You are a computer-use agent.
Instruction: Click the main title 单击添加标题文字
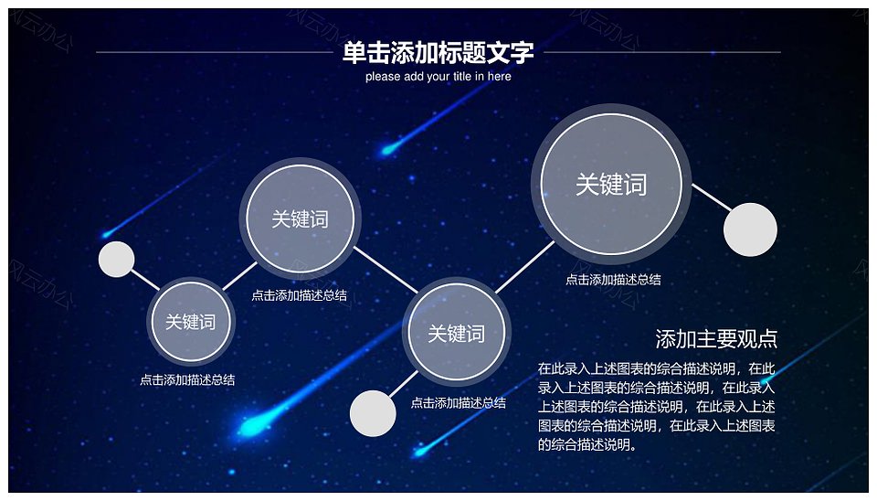click(438, 53)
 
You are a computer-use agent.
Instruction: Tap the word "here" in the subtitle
click(499, 76)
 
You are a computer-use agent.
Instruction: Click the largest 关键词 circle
click(611, 184)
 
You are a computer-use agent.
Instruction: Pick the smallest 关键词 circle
click(191, 321)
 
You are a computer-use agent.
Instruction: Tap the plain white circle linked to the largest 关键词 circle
click(750, 229)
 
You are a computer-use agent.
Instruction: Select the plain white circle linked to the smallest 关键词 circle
click(116, 259)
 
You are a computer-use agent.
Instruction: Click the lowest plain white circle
click(373, 413)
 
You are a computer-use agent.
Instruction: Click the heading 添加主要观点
click(716, 338)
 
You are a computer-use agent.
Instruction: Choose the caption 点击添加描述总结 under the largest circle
click(613, 280)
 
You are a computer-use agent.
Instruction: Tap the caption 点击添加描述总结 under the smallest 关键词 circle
click(187, 379)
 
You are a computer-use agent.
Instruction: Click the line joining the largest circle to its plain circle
click(712, 197)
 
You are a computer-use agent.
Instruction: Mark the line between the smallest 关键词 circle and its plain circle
click(145, 280)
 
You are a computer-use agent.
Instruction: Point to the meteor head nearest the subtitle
click(387, 149)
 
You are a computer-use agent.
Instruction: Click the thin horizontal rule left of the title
click(215, 52)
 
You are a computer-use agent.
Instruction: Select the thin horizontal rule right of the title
click(662, 52)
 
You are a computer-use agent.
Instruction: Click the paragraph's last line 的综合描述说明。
click(587, 445)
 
